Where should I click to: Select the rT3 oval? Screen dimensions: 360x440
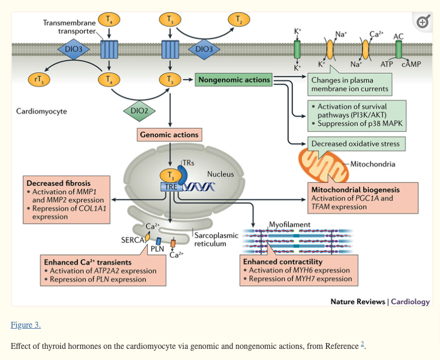[38, 80]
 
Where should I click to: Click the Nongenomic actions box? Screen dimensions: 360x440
[234, 80]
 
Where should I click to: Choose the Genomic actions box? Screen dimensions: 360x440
[169, 135]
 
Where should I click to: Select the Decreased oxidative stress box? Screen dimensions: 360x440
[356, 144]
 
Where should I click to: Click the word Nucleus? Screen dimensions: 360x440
[220, 174]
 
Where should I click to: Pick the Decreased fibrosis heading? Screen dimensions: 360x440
[59, 183]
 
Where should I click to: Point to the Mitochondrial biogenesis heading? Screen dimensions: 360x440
[356, 189]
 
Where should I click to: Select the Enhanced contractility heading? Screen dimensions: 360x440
[283, 262]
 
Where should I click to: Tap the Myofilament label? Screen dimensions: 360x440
[289, 224]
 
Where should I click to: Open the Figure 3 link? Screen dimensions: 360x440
[25, 324]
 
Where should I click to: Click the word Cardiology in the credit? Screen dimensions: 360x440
[410, 301]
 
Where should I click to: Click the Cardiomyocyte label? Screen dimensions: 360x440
[42, 111]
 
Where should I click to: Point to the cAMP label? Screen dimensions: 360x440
[411, 64]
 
